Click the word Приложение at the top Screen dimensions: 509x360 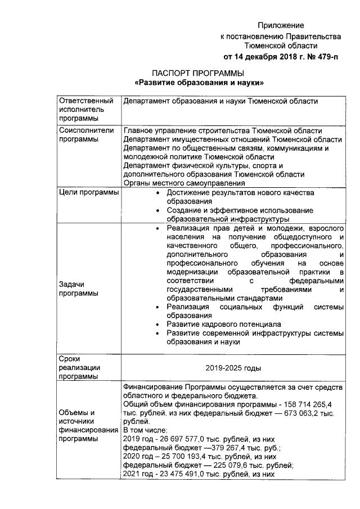(281, 26)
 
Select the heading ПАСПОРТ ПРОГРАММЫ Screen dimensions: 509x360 (199, 74)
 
